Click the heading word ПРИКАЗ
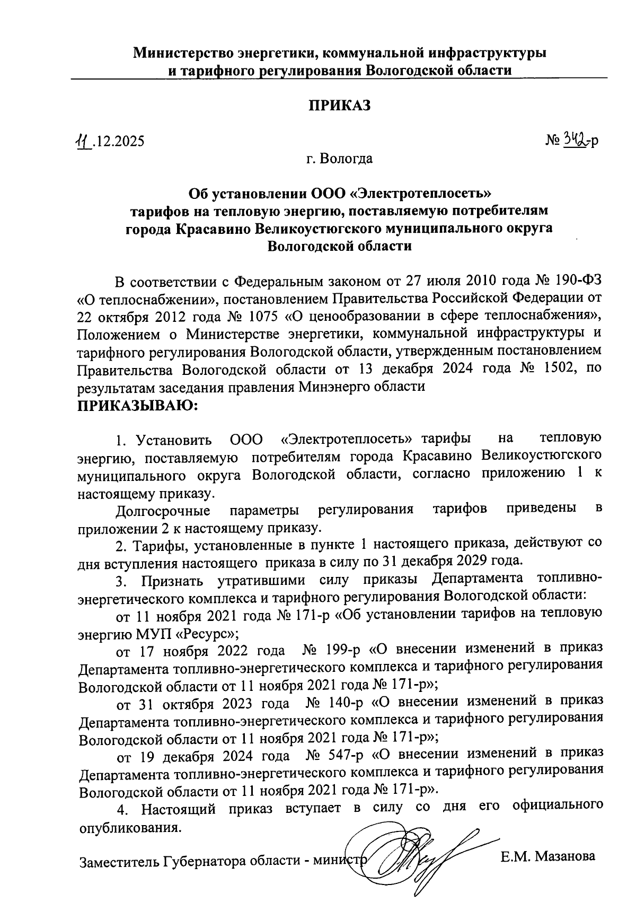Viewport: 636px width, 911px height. pos(339,106)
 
